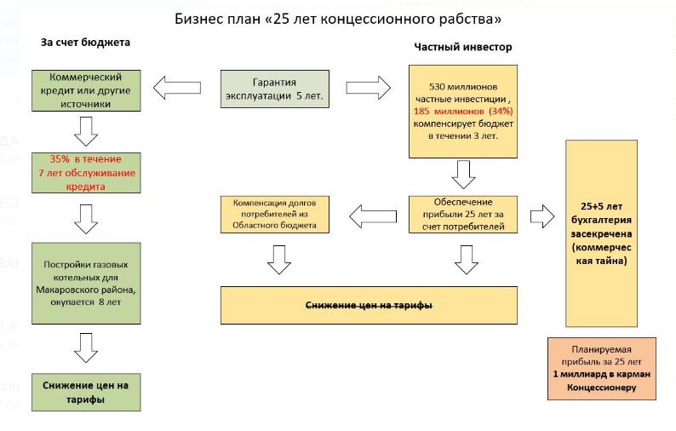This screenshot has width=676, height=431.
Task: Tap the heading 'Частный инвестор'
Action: [x=463, y=46]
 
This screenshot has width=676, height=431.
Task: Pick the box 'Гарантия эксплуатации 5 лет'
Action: [x=274, y=88]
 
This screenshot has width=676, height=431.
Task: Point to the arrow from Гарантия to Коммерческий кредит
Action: [x=176, y=87]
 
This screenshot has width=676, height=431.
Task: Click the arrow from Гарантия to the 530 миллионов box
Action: [x=369, y=87]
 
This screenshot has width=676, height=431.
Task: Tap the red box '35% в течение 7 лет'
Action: [x=85, y=172]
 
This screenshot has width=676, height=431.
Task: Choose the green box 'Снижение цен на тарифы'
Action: [x=85, y=392]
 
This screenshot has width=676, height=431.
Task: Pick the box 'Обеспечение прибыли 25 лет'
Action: [x=464, y=214]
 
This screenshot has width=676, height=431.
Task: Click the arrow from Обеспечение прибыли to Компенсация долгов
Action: [x=376, y=214]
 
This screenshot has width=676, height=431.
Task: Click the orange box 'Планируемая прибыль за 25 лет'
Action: [x=602, y=368]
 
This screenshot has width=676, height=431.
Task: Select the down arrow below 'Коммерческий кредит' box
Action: [x=86, y=131]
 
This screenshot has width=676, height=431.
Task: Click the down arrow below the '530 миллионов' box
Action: [x=464, y=175]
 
